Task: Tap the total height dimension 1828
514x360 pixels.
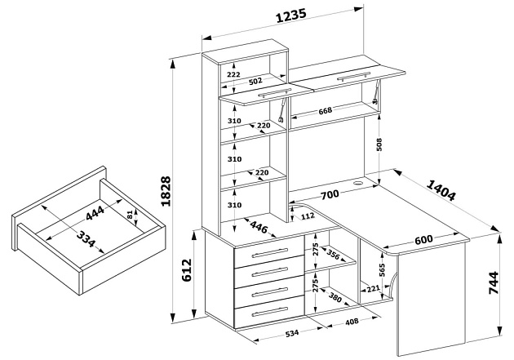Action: (165, 192)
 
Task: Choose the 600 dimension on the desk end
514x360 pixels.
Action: (423, 240)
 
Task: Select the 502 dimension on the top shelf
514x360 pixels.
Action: (255, 81)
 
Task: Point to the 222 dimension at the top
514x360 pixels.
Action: (233, 74)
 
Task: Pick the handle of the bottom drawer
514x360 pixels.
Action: (270, 312)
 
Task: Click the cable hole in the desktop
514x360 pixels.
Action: (359, 183)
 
